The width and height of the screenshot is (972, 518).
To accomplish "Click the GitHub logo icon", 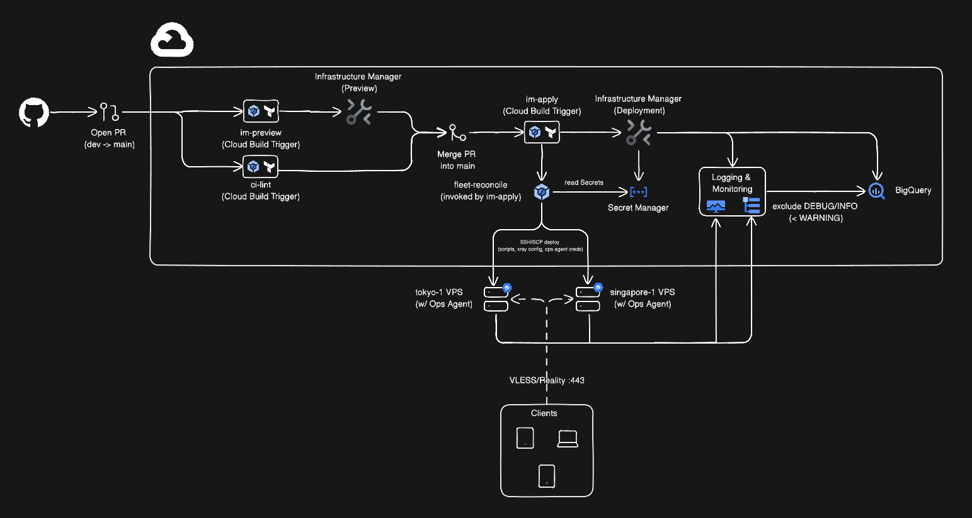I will (x=34, y=113).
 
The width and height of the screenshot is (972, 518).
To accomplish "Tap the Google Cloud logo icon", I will (x=171, y=41).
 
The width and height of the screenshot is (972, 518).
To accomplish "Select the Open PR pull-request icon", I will (x=109, y=113).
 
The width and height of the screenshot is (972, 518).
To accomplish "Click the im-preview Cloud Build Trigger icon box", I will (x=261, y=112).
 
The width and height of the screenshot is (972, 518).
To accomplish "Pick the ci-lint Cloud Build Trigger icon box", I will (x=261, y=167).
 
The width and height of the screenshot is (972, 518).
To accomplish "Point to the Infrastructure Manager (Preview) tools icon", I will (x=359, y=112).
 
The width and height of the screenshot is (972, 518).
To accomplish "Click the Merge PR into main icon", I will (x=457, y=133).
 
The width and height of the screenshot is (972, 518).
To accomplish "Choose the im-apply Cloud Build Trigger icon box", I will (x=542, y=132).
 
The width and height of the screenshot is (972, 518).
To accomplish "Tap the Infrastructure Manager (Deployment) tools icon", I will (x=639, y=132).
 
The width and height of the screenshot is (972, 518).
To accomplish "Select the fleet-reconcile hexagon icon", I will (x=542, y=192).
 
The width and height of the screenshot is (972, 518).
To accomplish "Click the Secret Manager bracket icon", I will (x=638, y=192).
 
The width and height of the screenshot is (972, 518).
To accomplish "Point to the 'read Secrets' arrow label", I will (x=584, y=183).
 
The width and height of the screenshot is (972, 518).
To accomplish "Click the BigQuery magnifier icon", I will (x=876, y=191).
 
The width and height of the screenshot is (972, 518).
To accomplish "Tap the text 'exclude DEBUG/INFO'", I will (x=815, y=206).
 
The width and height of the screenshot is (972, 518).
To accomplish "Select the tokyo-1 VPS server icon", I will (x=496, y=299).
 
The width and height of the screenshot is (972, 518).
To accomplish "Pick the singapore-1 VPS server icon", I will (x=588, y=299).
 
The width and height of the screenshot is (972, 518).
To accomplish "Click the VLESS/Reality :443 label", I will (x=547, y=380).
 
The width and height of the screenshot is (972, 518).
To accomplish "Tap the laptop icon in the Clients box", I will (x=568, y=438).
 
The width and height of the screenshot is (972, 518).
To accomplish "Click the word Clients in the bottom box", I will (x=544, y=414).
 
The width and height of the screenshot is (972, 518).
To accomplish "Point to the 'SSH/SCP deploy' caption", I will (x=540, y=242).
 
